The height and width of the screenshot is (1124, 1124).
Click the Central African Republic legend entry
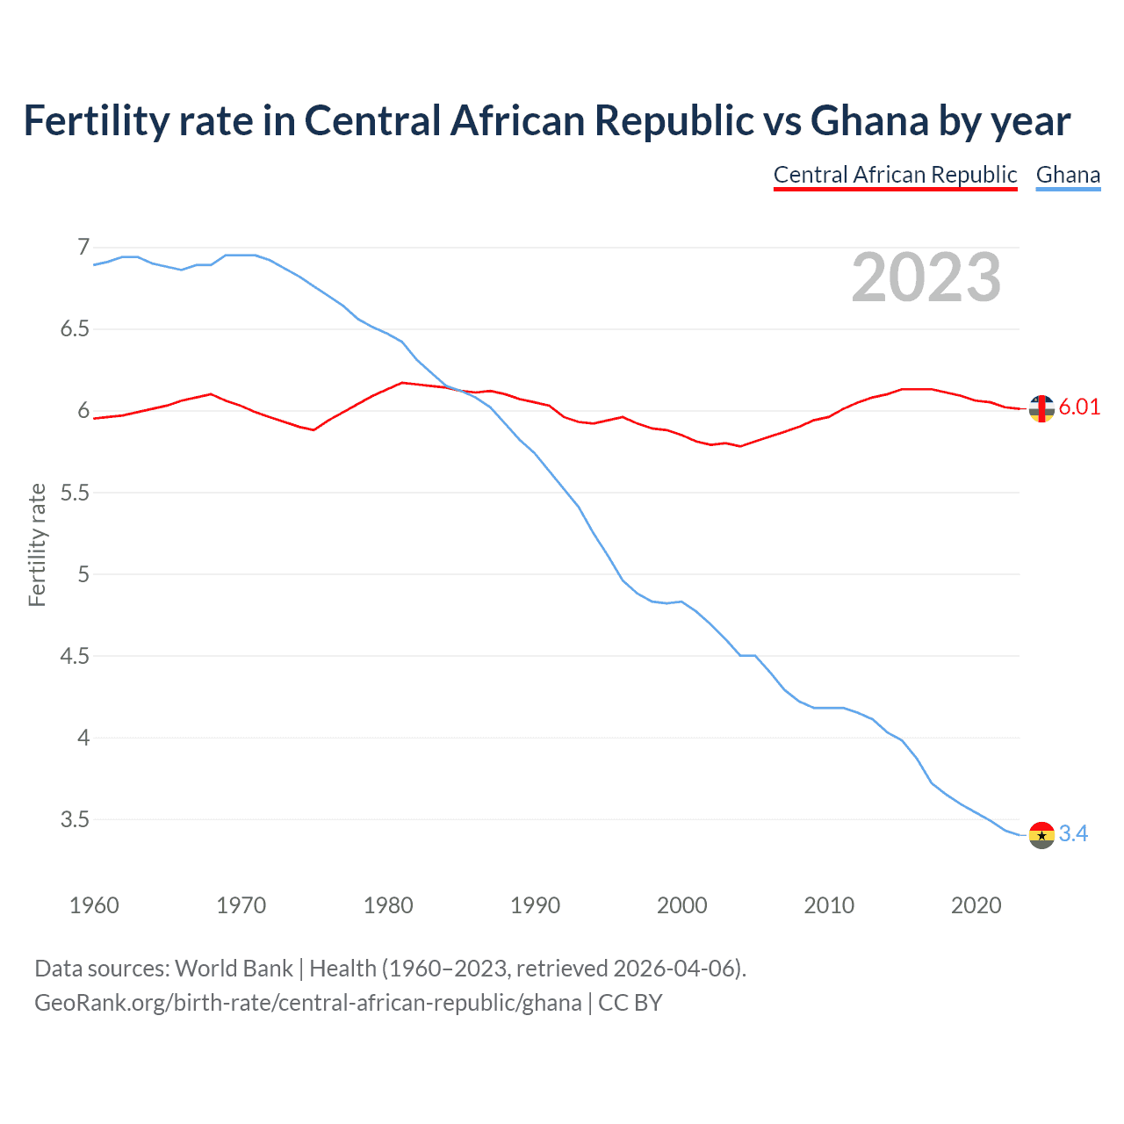click(x=895, y=175)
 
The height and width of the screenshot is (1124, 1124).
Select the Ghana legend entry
click(x=1068, y=175)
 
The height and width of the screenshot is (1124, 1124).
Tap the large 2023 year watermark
click(x=926, y=277)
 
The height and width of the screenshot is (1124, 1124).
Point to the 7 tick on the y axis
click(x=83, y=248)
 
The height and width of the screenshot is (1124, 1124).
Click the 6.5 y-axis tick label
click(x=75, y=329)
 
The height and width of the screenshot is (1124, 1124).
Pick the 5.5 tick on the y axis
click(x=75, y=493)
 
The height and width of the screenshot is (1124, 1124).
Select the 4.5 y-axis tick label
click(x=75, y=656)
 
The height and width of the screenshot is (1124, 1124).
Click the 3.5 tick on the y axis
click(x=75, y=819)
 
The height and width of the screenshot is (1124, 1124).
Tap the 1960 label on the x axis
click(x=94, y=905)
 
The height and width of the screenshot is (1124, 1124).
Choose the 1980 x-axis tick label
click(x=388, y=905)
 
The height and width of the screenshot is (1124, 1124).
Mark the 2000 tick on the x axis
click(x=682, y=905)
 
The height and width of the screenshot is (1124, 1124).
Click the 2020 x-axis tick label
click(x=976, y=905)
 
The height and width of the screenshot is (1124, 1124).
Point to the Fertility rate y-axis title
click(x=37, y=544)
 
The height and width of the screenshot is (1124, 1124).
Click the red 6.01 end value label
click(x=1079, y=407)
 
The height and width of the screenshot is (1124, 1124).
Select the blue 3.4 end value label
click(x=1073, y=833)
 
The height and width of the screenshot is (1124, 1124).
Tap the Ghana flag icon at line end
click(x=1041, y=835)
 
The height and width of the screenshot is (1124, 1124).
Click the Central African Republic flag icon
click(x=1041, y=408)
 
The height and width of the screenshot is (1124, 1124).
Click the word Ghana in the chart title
click(x=869, y=120)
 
